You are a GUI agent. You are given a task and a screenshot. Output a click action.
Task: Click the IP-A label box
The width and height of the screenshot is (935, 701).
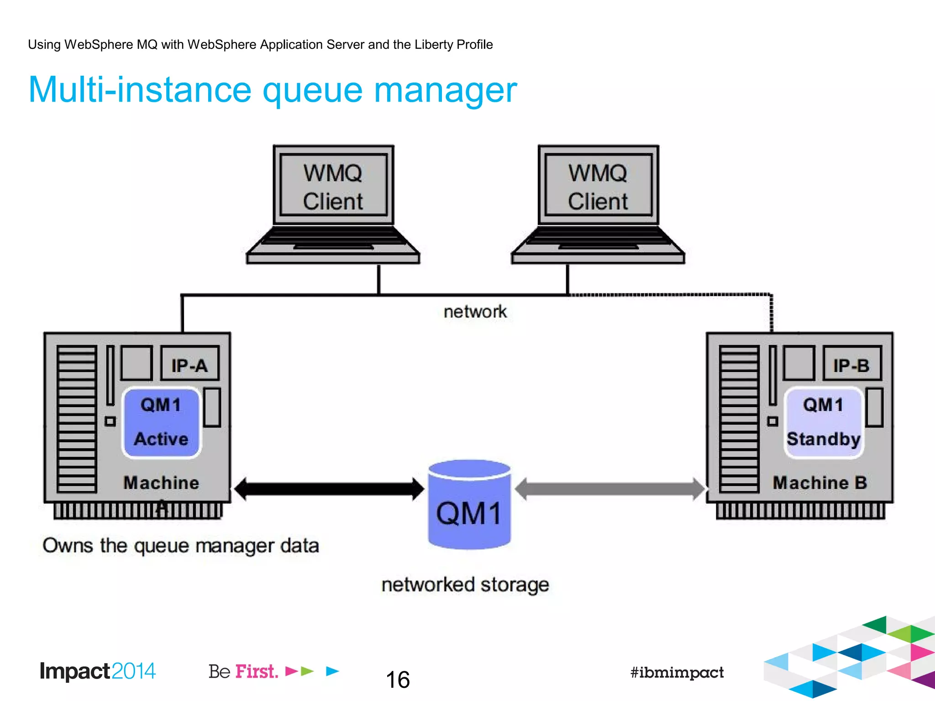(190, 364)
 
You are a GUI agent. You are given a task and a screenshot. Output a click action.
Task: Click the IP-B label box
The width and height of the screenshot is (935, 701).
(852, 364)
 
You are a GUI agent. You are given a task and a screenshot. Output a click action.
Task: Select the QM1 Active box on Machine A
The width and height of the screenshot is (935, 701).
(161, 422)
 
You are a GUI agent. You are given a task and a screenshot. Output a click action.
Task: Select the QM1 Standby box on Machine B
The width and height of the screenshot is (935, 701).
(823, 422)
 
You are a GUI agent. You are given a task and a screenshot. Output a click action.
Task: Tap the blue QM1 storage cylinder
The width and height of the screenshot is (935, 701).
(469, 507)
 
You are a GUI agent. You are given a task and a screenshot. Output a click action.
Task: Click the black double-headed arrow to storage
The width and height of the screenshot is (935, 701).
(329, 489)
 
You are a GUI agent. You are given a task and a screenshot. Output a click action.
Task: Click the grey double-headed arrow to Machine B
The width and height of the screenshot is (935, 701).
(609, 489)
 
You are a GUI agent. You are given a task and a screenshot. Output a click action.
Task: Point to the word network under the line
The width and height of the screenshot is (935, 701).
(475, 312)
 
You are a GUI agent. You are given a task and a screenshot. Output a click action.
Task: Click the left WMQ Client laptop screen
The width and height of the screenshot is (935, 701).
(333, 186)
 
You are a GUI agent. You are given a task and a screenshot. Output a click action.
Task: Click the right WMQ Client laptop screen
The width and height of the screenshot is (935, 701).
(598, 186)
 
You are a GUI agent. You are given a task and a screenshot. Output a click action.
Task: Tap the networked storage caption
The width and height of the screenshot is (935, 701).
(465, 585)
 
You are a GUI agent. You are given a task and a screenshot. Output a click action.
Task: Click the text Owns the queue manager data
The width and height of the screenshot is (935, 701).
(181, 545)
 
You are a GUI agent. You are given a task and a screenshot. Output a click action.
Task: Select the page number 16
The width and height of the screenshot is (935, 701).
(398, 680)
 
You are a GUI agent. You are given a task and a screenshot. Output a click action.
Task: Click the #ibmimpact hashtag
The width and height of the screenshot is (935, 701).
(677, 672)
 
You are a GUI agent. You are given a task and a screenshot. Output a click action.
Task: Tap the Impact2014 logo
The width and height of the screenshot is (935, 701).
(97, 671)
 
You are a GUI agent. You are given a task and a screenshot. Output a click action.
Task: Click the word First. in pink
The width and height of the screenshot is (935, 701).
(257, 672)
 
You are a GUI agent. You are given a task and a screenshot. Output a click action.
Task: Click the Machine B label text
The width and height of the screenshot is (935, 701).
(819, 483)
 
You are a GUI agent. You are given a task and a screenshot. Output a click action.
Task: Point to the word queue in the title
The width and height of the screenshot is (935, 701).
(313, 90)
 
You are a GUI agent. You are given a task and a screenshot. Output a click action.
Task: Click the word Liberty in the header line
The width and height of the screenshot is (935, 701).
(433, 44)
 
